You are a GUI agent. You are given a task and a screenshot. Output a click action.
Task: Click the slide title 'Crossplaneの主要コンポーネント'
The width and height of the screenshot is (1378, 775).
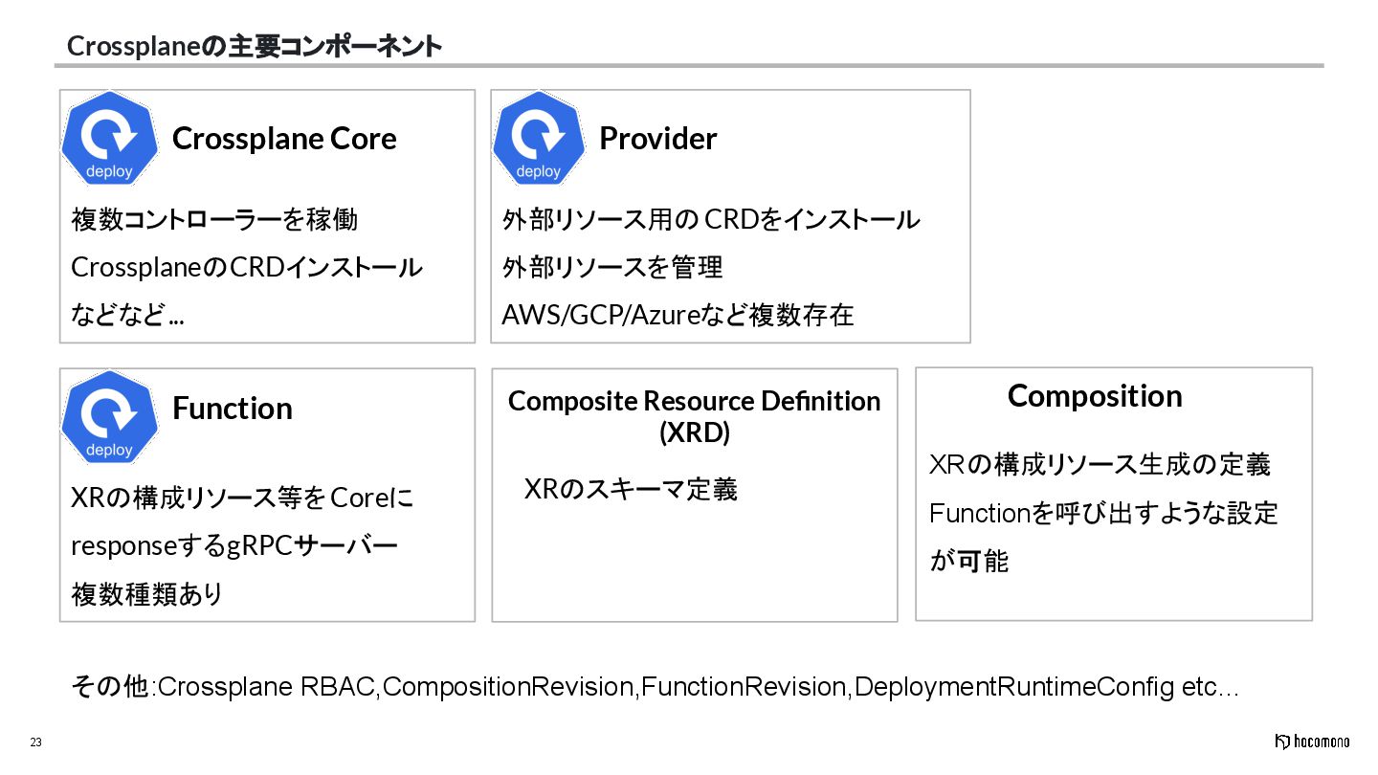pos(254,46)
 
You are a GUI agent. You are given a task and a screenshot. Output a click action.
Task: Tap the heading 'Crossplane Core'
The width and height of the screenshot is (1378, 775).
pos(284,139)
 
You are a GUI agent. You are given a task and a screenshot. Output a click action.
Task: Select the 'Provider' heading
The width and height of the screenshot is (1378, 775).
pos(657,139)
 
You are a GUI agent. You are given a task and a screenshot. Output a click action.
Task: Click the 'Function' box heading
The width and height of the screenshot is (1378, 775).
pos(232,409)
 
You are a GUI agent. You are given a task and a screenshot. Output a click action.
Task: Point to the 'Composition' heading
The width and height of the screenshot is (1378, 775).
pos(1095,396)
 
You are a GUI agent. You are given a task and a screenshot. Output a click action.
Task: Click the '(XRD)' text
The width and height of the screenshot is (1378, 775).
pos(695,432)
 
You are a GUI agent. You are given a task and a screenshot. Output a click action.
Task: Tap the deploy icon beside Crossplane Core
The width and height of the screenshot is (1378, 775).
pos(109,140)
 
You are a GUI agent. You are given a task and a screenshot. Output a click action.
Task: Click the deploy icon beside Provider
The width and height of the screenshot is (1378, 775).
pos(539,140)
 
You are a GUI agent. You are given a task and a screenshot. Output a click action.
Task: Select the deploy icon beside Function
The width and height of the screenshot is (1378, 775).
pos(109,418)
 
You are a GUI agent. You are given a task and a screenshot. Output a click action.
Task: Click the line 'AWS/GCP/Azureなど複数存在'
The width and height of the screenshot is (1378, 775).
pos(678,315)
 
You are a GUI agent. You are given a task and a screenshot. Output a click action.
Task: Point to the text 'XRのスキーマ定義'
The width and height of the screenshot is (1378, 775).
pos(631,490)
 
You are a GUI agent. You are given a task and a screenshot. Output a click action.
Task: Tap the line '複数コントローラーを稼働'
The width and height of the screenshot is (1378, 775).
pos(214,219)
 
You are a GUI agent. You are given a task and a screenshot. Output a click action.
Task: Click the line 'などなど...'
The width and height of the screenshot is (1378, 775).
pos(128,315)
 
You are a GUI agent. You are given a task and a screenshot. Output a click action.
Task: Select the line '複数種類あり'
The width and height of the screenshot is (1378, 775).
pos(147,594)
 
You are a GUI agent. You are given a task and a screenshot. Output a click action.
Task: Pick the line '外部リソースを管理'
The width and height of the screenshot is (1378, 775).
pos(612,267)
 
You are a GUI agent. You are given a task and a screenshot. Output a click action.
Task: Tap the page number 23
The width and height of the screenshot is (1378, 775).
pos(35,742)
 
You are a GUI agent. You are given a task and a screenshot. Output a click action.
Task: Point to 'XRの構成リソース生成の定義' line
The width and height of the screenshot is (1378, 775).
pos(1100,465)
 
